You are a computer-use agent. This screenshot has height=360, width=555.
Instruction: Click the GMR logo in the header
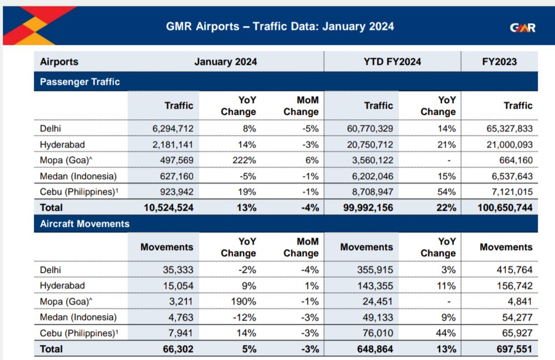click(522, 27)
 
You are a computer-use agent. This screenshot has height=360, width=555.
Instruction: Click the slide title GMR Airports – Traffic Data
click(280, 26)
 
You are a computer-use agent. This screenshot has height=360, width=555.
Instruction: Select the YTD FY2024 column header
click(392, 62)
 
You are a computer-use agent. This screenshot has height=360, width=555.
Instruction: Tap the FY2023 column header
click(499, 62)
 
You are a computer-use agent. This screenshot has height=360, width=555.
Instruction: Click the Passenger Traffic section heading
click(80, 82)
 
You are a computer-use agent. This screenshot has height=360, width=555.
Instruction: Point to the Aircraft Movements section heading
click(85, 224)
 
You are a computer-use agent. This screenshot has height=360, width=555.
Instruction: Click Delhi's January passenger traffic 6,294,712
click(173, 129)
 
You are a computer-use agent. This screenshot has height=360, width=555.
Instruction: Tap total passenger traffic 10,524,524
click(167, 207)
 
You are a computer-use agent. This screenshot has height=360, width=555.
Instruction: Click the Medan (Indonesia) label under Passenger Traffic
click(78, 176)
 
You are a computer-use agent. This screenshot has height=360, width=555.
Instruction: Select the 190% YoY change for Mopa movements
click(245, 302)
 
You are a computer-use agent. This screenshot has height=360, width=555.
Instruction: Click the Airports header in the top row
click(59, 62)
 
